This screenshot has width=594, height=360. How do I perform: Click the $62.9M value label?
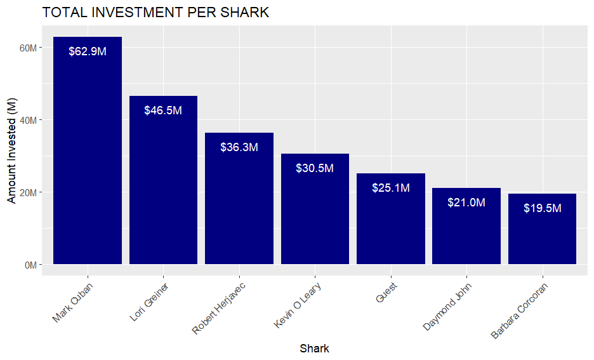[87, 51]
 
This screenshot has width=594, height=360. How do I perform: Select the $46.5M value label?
[163, 110]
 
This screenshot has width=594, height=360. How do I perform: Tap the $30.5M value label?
[315, 168]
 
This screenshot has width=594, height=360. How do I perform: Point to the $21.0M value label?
[466, 203]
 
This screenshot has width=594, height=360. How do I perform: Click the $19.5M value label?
[542, 208]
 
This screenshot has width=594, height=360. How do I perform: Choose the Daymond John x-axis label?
[448, 306]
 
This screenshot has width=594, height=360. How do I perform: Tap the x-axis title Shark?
[314, 349]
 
